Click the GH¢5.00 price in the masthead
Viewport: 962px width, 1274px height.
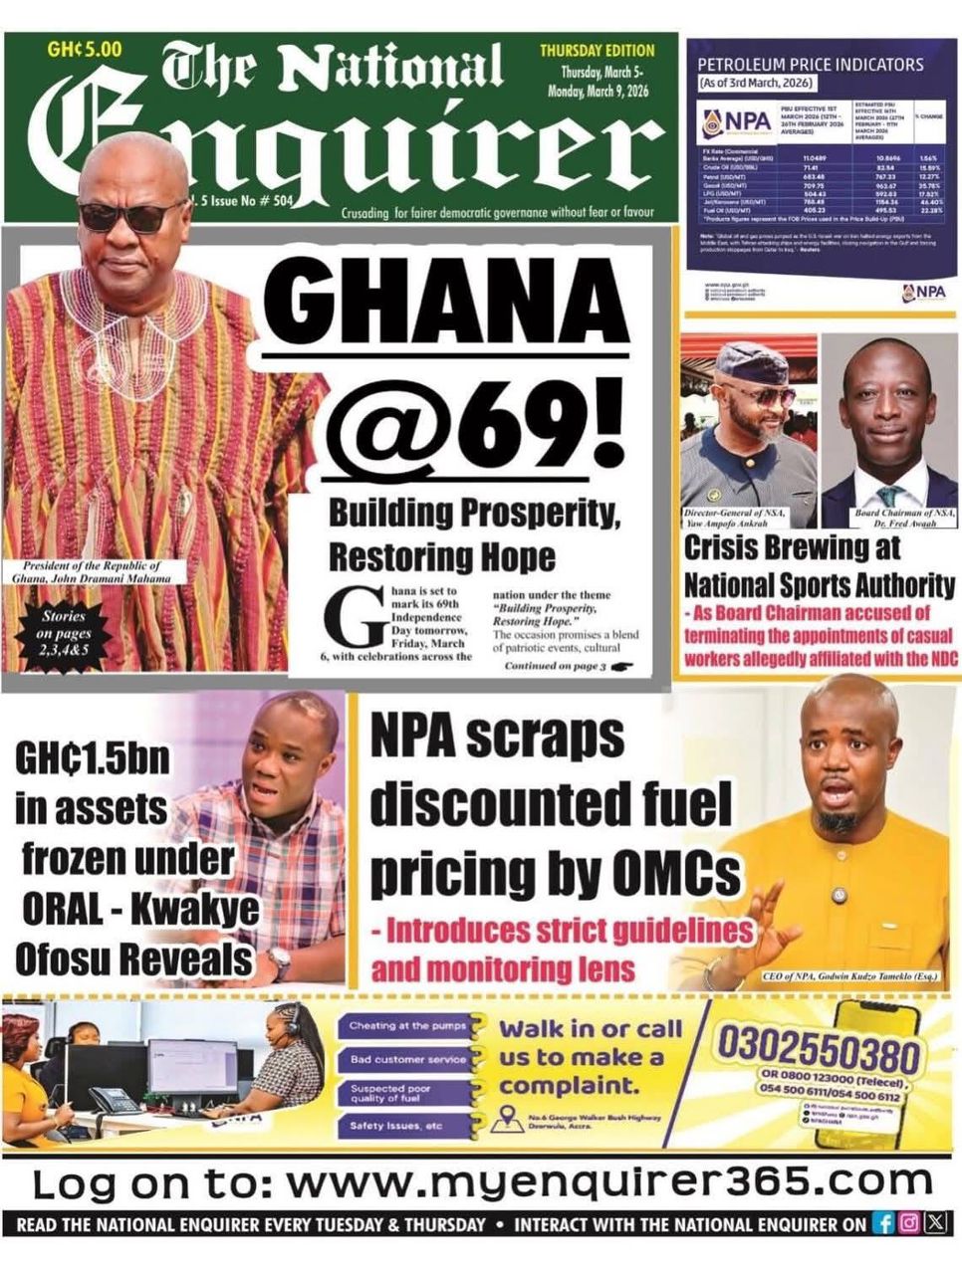85,49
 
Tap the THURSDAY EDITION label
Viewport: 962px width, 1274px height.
598,51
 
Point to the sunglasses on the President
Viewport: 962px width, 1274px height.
130,215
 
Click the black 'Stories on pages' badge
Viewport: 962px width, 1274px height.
63,634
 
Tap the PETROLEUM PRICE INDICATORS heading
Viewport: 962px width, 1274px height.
811,65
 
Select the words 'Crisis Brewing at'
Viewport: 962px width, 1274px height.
792,548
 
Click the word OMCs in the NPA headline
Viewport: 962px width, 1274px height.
676,873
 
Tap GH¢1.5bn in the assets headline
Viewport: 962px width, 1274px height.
92,760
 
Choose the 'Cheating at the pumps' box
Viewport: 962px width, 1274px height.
402,1026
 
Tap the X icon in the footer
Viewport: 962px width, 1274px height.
935,1224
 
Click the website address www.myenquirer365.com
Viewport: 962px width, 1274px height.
608,1183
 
